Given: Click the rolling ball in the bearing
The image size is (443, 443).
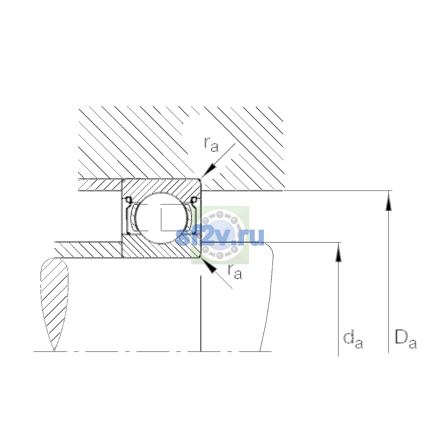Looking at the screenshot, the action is click(x=162, y=218).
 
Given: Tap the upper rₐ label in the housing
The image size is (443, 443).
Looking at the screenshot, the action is click(x=211, y=145).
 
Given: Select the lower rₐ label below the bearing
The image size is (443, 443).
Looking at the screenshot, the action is click(x=235, y=272).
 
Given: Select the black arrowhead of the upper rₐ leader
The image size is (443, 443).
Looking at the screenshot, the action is click(x=209, y=171).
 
